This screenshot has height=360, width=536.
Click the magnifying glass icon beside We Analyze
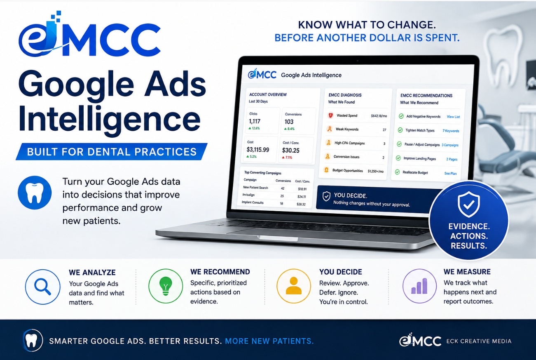[x=42, y=287]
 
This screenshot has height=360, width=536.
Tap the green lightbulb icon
[x=166, y=286]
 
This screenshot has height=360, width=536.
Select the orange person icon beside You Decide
[x=294, y=286]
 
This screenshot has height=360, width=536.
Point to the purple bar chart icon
[x=419, y=286]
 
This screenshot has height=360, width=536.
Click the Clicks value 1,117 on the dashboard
[x=255, y=121]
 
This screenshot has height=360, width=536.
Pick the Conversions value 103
[x=289, y=122]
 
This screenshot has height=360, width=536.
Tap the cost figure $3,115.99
[x=258, y=149]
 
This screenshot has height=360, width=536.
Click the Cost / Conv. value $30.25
[x=291, y=150]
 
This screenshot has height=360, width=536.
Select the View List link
[x=453, y=117]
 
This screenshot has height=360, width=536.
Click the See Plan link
[x=450, y=174]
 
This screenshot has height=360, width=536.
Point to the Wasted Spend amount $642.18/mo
[x=379, y=116]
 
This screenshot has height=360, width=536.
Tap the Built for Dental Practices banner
[x=112, y=152]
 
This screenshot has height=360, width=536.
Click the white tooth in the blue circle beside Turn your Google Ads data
[x=35, y=193]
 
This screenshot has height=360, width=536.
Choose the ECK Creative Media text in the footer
[x=479, y=341]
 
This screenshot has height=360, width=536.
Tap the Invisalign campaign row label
[x=248, y=195]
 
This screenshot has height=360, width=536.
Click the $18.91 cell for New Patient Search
[x=302, y=189]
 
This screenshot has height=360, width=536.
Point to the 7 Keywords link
[x=451, y=131]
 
